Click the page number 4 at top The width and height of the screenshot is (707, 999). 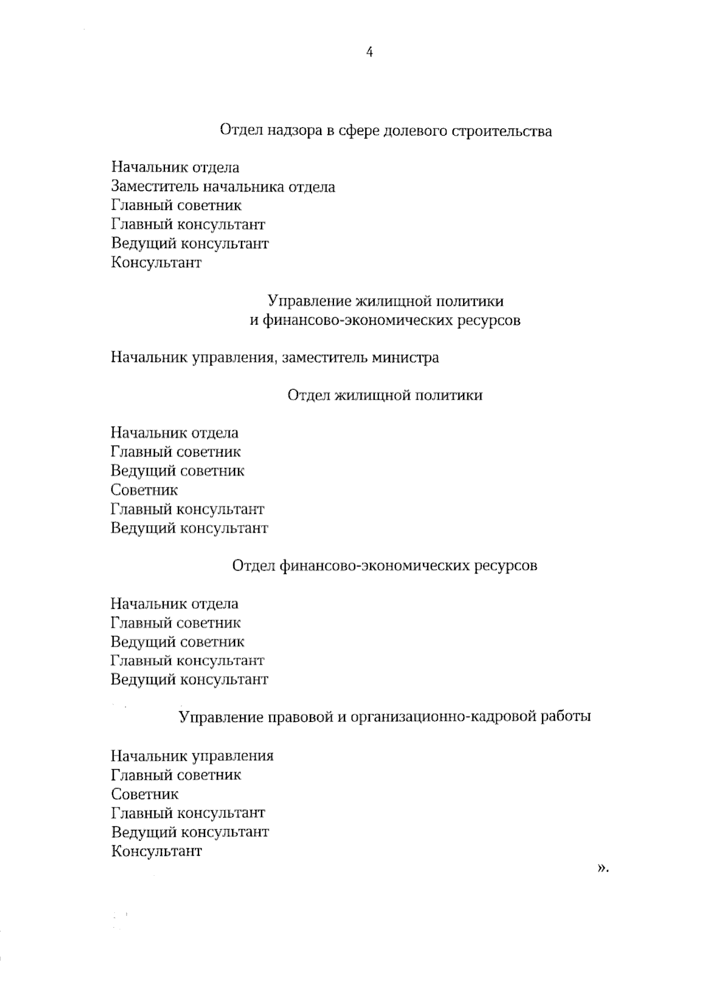[369, 52]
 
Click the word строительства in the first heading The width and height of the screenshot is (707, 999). [501, 131]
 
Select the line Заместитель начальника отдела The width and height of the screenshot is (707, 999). [223, 187]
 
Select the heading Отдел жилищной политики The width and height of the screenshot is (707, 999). [385, 395]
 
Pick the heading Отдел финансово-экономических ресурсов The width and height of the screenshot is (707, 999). [385, 566]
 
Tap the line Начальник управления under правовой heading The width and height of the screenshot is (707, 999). [192, 756]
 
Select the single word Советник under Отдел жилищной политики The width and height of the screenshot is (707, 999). [144, 490]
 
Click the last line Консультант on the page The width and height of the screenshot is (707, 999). [157, 851]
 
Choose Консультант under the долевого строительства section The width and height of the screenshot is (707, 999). [157, 263]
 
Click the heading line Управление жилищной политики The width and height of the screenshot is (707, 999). [386, 302]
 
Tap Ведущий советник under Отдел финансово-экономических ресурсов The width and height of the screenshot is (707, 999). [177, 642]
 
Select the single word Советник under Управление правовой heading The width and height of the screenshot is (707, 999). [145, 794]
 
